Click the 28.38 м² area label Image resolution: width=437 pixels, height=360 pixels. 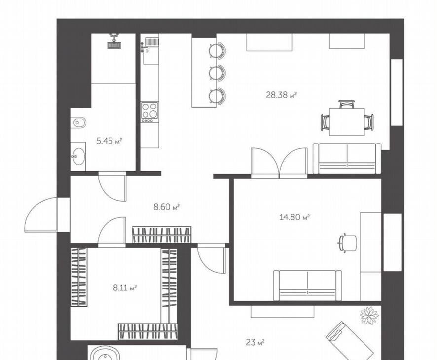[x=281, y=95]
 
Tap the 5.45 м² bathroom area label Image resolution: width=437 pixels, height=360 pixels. [x=109, y=141]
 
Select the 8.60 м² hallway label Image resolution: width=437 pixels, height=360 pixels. [x=166, y=207]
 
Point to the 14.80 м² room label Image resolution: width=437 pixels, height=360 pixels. [x=294, y=217]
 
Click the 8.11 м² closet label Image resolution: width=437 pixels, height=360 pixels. [x=125, y=288]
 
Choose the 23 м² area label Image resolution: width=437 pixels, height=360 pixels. [x=255, y=342]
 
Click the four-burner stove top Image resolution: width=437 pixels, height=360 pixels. [x=149, y=112]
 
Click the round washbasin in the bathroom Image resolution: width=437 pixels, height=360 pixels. [x=78, y=156]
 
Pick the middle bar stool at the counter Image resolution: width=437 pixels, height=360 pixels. [x=217, y=73]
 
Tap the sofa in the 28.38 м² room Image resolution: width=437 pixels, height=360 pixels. [x=347, y=158]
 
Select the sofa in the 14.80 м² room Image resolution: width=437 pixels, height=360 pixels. [x=308, y=286]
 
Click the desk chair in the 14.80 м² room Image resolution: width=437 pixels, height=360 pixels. [x=348, y=243]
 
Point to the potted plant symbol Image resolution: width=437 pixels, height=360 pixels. [x=369, y=316]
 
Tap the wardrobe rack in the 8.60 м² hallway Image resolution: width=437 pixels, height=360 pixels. [x=162, y=235]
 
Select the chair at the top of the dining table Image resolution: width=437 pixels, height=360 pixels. [x=347, y=104]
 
